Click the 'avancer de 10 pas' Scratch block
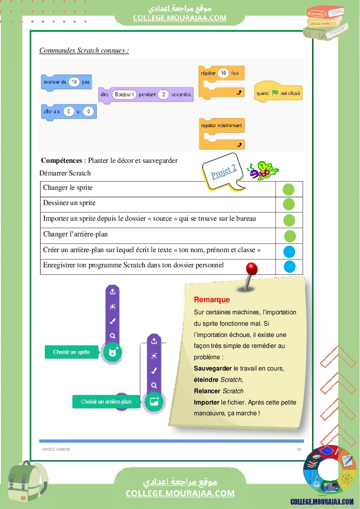(x=66, y=82)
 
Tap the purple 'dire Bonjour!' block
(x=146, y=94)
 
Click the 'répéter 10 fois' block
(x=221, y=74)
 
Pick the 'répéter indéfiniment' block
(x=221, y=126)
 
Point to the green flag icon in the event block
(x=275, y=93)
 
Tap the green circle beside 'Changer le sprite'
(x=289, y=189)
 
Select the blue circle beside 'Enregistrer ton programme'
(x=289, y=266)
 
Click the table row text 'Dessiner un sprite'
(x=69, y=203)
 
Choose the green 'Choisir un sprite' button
(x=71, y=352)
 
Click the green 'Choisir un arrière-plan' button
(x=106, y=401)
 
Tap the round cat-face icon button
(x=112, y=352)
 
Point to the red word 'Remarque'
(x=212, y=300)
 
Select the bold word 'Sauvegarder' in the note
(x=213, y=368)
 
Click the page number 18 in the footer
(x=299, y=449)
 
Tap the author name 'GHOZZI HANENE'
(x=56, y=449)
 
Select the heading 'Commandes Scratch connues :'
(x=84, y=51)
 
